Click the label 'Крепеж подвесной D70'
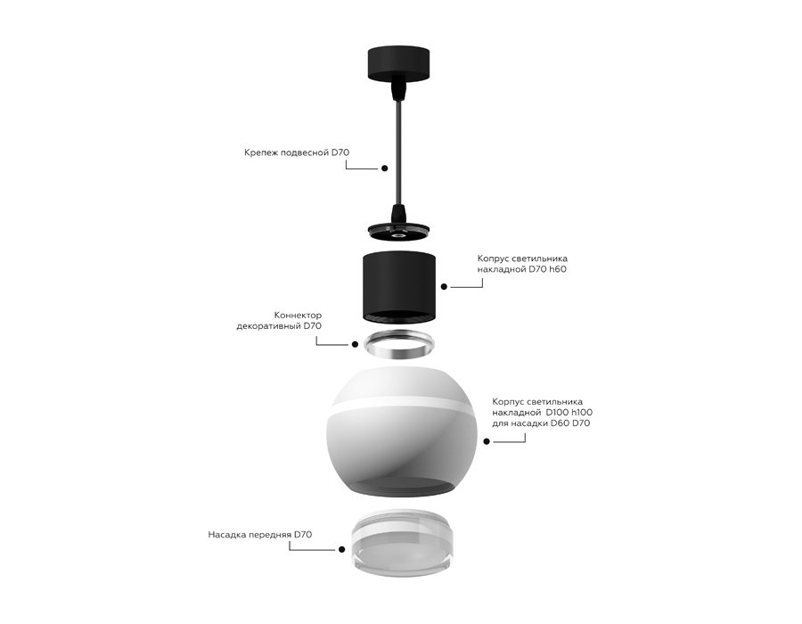297,152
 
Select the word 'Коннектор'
298,316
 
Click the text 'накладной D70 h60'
521,268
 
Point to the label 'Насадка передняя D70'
259,535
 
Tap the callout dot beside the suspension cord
384,168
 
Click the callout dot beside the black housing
445,287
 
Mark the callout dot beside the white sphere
487,441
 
